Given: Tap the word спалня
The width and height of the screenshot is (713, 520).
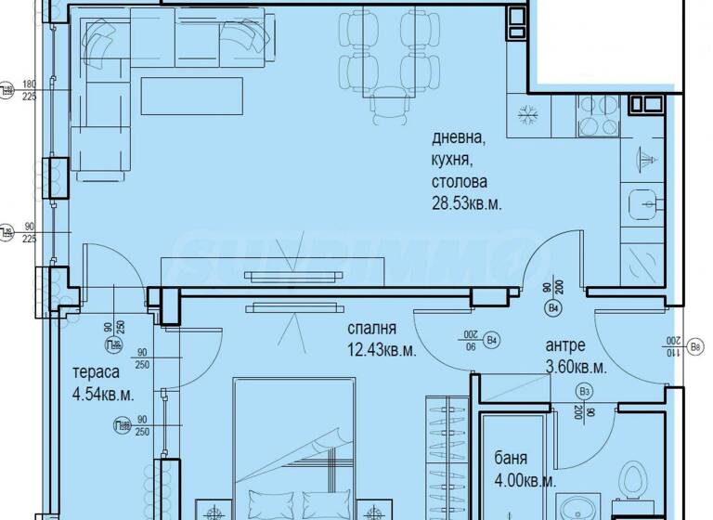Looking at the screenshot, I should tap(372, 329).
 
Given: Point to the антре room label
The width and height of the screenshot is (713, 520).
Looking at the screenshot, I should tap(565, 345).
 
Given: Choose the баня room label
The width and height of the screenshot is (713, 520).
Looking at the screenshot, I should tap(513, 460).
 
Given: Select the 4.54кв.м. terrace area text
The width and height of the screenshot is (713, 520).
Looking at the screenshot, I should tap(103, 394).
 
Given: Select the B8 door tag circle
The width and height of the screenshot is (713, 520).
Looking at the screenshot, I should tap(695, 349).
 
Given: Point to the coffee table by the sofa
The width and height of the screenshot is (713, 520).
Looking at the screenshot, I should tap(192, 95).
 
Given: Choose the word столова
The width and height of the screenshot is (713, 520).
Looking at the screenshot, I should tap(459, 182).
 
